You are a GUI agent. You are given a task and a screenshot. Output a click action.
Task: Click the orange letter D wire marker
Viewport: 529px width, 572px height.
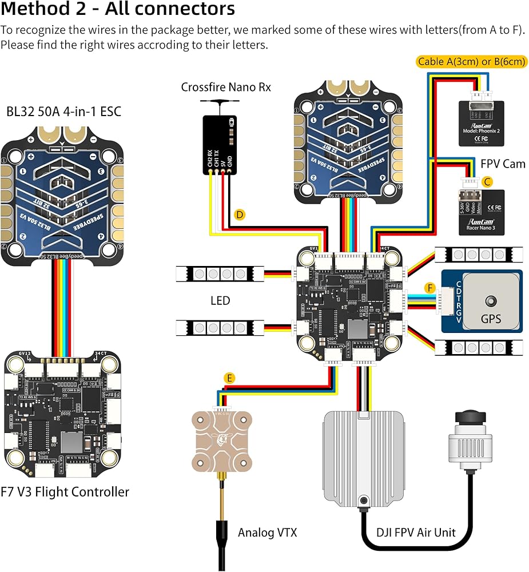(240, 215)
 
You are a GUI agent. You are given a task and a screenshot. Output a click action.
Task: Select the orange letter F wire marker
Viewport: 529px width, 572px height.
(430, 287)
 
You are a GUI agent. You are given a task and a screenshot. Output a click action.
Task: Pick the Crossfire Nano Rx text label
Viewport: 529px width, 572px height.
(226, 87)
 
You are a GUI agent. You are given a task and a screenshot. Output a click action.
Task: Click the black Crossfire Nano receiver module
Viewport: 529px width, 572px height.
(219, 144)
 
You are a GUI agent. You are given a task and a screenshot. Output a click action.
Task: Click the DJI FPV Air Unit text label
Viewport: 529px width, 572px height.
(416, 533)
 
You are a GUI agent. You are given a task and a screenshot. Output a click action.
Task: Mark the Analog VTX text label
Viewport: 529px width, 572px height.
(268, 533)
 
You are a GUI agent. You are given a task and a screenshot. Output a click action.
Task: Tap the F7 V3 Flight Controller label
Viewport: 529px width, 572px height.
(65, 491)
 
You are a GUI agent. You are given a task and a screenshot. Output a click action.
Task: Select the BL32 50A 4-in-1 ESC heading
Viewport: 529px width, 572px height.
(64, 111)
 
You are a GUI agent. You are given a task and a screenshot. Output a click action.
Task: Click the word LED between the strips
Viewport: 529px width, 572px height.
(220, 300)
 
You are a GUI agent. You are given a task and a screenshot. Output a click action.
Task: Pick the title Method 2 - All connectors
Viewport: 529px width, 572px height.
(118, 10)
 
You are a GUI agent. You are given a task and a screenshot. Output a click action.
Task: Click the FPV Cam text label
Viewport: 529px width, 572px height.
(502, 164)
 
